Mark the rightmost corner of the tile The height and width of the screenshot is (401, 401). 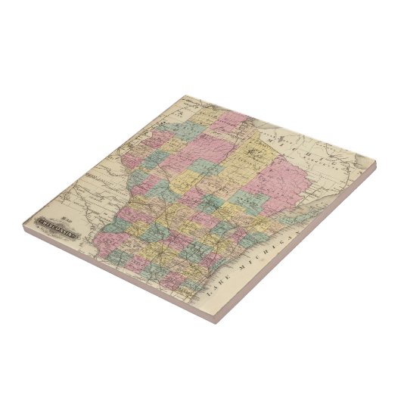(378, 161)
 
